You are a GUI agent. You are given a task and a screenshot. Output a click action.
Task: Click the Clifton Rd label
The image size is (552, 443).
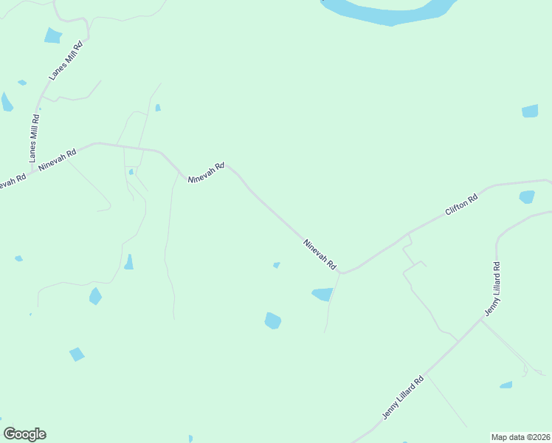[x=462, y=204]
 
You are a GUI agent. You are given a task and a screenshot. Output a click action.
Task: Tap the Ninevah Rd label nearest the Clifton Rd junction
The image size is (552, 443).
[x=320, y=253]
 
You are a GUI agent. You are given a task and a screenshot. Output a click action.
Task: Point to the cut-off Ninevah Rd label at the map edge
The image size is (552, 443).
[x=13, y=180]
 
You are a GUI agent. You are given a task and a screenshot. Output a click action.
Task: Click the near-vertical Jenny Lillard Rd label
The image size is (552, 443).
[x=493, y=289]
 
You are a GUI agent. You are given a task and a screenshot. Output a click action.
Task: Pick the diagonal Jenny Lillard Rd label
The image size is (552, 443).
[x=403, y=398]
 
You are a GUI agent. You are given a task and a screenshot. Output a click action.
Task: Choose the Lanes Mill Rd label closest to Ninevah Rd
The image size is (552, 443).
[x=34, y=138]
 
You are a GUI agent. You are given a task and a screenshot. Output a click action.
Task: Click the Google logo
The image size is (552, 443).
[x=24, y=434]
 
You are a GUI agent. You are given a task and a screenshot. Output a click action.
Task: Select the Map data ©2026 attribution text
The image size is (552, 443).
[x=520, y=436]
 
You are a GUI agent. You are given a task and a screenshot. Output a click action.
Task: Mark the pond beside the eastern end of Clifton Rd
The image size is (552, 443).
[x=527, y=197]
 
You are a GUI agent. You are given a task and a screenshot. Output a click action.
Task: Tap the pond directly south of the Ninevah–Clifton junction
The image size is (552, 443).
[x=322, y=294]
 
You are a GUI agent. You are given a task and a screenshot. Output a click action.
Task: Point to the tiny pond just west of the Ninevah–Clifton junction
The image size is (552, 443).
[x=276, y=265]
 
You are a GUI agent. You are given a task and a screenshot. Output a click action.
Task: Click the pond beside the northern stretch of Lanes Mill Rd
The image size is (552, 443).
[x=52, y=35]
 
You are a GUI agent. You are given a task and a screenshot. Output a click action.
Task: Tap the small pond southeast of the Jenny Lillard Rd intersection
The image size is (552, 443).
[x=506, y=385]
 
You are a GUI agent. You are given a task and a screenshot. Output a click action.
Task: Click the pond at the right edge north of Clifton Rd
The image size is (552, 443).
[x=530, y=111]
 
